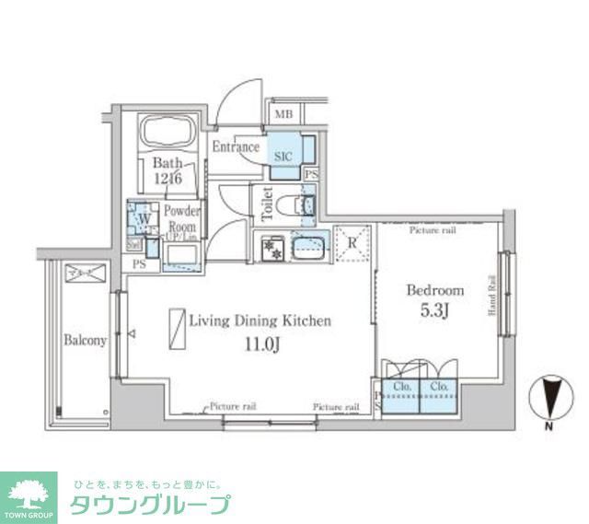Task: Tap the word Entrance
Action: [236, 147]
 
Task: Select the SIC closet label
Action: [283, 156]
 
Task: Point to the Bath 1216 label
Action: [169, 170]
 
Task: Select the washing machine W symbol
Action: [140, 219]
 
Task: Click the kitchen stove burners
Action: [271, 248]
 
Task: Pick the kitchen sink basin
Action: [309, 248]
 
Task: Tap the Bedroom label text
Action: [435, 290]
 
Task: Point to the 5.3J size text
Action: [436, 310]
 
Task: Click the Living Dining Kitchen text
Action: [260, 321]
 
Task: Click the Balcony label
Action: [85, 341]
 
